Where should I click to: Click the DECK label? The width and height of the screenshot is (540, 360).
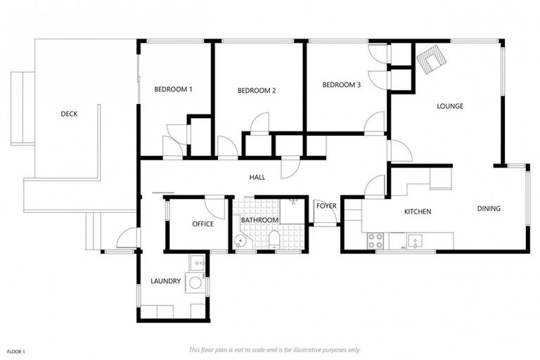[69, 113]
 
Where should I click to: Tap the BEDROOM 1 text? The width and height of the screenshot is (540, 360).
[173, 89]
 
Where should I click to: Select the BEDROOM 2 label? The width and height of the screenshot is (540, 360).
[256, 90]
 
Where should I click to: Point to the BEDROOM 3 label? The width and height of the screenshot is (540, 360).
[341, 85]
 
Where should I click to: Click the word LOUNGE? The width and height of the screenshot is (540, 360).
[449, 106]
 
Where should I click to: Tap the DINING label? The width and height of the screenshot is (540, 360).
[489, 208]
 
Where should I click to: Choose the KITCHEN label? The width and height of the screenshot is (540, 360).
[417, 212]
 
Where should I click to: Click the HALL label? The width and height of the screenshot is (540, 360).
[257, 178]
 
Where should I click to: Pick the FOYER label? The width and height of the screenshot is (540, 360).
[326, 205]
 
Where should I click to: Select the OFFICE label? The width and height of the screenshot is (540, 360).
[202, 224]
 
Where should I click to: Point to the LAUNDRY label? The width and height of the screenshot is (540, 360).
[165, 281]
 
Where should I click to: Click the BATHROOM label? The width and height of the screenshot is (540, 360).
[259, 220]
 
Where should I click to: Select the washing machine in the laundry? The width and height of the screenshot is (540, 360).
[195, 283]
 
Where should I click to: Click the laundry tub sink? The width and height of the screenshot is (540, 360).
[196, 265]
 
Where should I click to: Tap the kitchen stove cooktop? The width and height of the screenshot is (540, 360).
[375, 240]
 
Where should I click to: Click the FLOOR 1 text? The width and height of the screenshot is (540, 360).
[16, 350]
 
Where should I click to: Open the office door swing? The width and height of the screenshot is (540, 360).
[214, 207]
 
